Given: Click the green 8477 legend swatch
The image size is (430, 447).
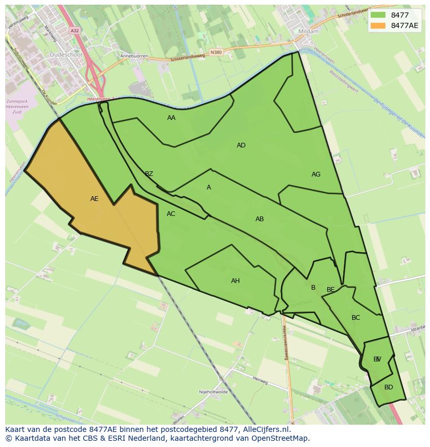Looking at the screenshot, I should (x=378, y=15).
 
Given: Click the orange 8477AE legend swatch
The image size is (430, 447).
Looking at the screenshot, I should (x=378, y=25).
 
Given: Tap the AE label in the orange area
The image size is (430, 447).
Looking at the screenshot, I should (x=94, y=199).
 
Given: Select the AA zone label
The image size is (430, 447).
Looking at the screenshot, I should (x=171, y=118).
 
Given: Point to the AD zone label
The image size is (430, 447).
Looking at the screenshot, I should (x=241, y=145).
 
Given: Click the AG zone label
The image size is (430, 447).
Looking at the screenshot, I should (x=316, y=174).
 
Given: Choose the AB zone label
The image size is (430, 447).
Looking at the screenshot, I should (x=260, y=219).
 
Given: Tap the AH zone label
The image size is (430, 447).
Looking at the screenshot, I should (x=235, y=281).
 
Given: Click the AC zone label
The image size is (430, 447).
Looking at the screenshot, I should (x=171, y=214).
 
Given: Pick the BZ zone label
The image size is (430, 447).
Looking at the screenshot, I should (x=149, y=174).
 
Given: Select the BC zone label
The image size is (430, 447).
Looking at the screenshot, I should (x=356, y=318).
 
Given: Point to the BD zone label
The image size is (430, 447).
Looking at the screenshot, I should (x=388, y=387).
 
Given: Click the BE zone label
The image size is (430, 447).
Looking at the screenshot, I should (x=331, y=290).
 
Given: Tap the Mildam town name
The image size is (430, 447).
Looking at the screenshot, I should (x=308, y=31).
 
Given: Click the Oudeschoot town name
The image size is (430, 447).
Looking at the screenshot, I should (x=66, y=54).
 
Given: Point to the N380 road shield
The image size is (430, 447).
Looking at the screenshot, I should (x=216, y=52).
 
